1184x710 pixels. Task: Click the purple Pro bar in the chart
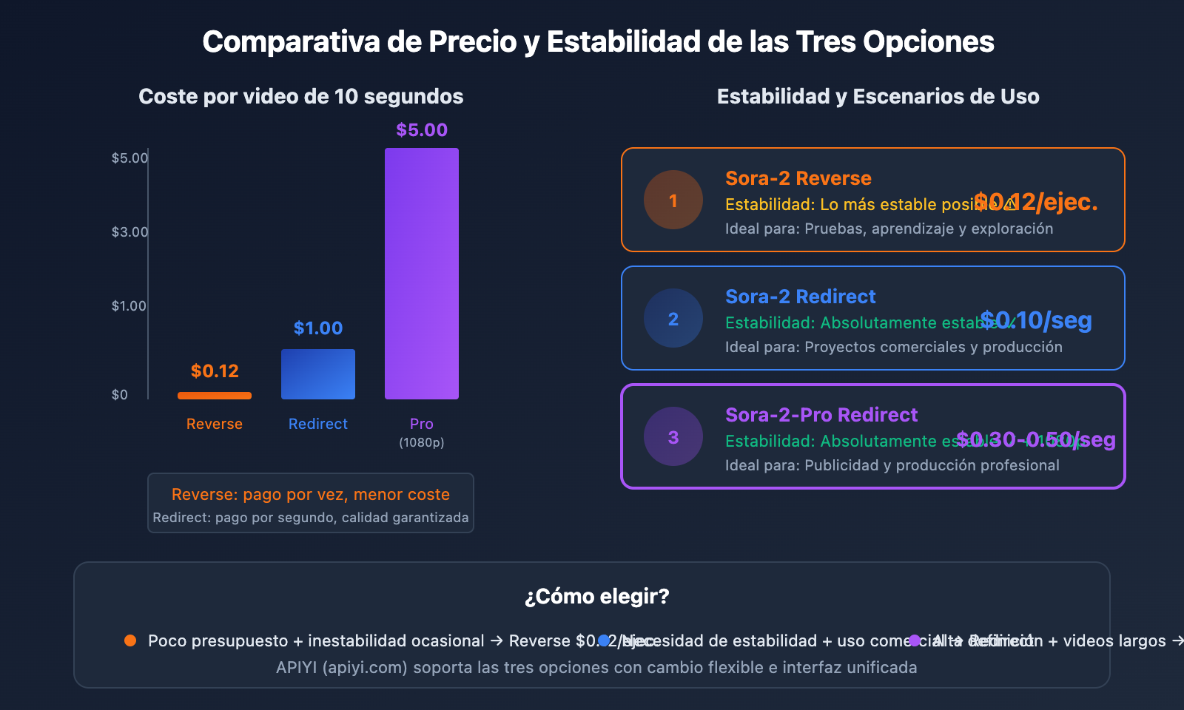click(x=422, y=274)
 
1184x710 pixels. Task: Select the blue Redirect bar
click(x=318, y=374)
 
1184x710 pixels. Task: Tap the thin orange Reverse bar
click(x=215, y=396)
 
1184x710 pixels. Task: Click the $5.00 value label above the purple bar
click(x=422, y=130)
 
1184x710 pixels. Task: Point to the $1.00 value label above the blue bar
click(x=318, y=328)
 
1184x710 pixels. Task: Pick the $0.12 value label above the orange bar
click(x=215, y=371)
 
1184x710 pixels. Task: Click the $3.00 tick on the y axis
click(x=129, y=232)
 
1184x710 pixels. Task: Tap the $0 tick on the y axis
click(x=120, y=395)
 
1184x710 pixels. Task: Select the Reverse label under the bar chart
click(x=215, y=424)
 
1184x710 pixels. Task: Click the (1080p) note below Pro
click(x=422, y=442)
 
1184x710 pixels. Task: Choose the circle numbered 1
click(x=673, y=200)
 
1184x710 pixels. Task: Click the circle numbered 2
click(x=673, y=318)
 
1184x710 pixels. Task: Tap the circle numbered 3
click(x=673, y=436)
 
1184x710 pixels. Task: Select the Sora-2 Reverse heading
click(x=798, y=178)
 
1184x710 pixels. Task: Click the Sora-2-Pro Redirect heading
click(x=821, y=415)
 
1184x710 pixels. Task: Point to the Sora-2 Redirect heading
click(x=801, y=297)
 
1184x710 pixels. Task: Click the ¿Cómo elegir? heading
click(x=596, y=596)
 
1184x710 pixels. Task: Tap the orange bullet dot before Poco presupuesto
click(x=130, y=640)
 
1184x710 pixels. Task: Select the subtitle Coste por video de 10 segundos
click(x=301, y=96)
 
